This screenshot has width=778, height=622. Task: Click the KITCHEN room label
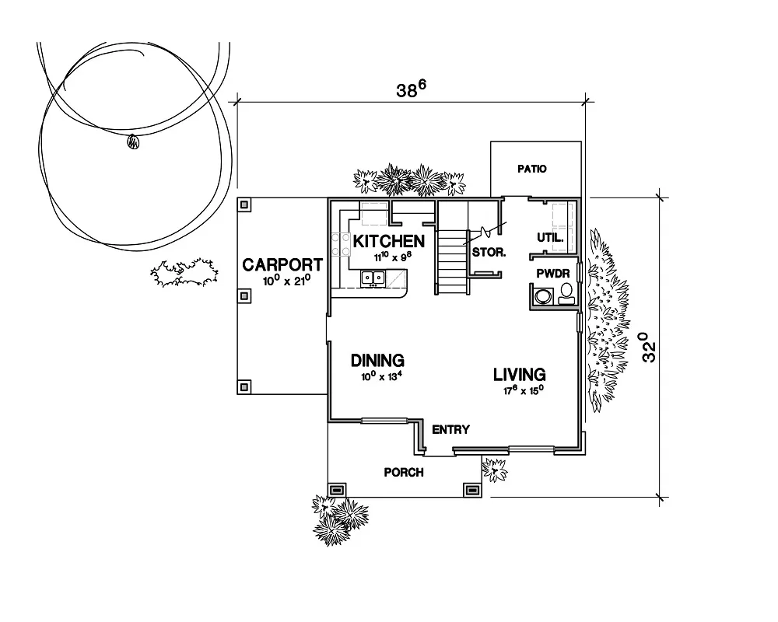coord(388,241)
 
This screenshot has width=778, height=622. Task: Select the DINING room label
coord(377,361)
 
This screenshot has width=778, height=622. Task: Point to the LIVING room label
coord(519,375)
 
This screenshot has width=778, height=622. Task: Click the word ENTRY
coord(450,429)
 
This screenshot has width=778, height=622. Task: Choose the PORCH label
coord(404,472)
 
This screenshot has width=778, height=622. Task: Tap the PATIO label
coord(532,169)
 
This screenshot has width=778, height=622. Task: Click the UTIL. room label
coord(550,237)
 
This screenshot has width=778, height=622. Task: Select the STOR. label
coord(489,253)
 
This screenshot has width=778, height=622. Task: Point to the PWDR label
coord(554,274)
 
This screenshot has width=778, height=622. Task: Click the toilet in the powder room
coord(566,294)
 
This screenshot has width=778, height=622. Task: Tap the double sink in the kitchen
coord(373,277)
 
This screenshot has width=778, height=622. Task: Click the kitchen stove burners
coord(339,246)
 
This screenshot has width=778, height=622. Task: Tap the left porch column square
coord(337,490)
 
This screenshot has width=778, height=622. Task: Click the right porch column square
coord(471,490)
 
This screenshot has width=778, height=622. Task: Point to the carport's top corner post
coord(244,205)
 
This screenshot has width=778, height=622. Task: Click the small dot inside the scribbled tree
coord(132,142)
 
